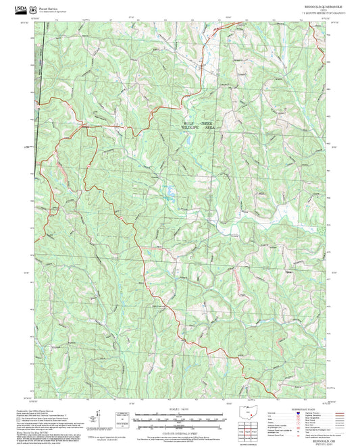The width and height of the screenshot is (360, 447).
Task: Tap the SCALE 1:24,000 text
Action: [x=180, y=409]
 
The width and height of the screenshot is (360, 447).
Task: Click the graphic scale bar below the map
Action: [x=180, y=418]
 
